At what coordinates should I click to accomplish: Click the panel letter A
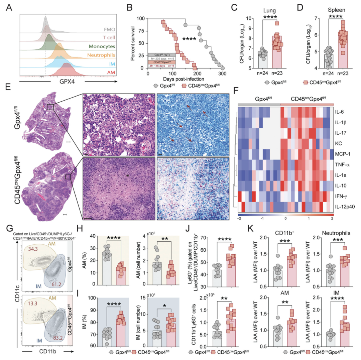pos(9,8)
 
